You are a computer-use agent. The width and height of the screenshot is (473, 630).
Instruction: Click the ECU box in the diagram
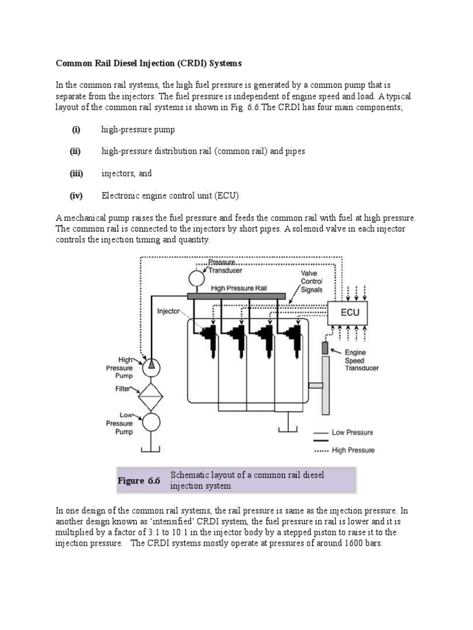(x=350, y=313)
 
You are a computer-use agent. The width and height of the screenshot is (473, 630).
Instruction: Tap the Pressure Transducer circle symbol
(x=196, y=279)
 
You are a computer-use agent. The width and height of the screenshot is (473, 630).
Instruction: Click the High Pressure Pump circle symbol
(x=150, y=365)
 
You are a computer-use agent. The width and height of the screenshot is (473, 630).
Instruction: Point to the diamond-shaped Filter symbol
(x=150, y=394)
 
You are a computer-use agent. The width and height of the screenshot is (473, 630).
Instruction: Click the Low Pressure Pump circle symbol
(x=150, y=422)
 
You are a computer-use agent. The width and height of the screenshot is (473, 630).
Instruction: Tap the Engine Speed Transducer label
(x=362, y=360)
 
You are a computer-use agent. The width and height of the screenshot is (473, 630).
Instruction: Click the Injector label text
(x=168, y=311)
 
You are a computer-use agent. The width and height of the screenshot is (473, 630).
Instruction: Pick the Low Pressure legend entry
(x=352, y=433)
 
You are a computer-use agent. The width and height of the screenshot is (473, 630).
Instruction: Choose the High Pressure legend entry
(x=352, y=450)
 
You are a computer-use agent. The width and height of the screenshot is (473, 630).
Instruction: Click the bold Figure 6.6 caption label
(x=139, y=480)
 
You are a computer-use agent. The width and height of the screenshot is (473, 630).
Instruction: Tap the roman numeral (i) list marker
(x=76, y=130)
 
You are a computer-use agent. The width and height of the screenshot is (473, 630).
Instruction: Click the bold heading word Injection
(x=161, y=63)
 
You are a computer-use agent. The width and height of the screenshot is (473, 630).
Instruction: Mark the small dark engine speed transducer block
(x=325, y=348)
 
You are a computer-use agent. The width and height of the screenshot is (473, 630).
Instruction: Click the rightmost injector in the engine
(x=293, y=336)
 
